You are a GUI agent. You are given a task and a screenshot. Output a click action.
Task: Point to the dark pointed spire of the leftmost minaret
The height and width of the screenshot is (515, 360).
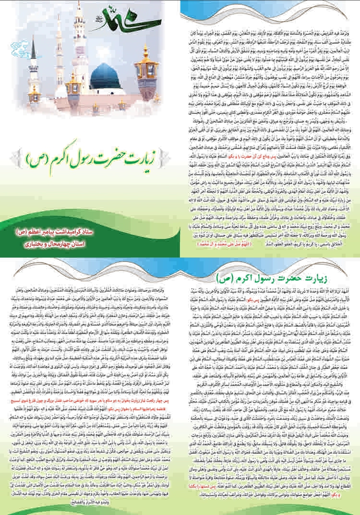(33, 46)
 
